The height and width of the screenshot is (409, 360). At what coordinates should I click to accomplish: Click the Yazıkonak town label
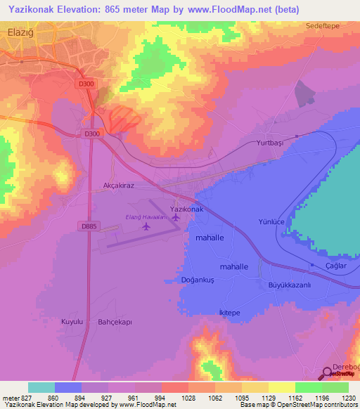(x=187, y=209)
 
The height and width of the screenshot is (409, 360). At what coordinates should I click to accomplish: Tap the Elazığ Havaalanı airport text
(x=148, y=218)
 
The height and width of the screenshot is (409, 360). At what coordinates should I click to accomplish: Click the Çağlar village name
(x=337, y=266)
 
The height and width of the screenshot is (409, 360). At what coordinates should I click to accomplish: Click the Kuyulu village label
(x=72, y=321)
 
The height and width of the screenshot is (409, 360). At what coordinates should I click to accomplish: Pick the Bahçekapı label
(x=114, y=321)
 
